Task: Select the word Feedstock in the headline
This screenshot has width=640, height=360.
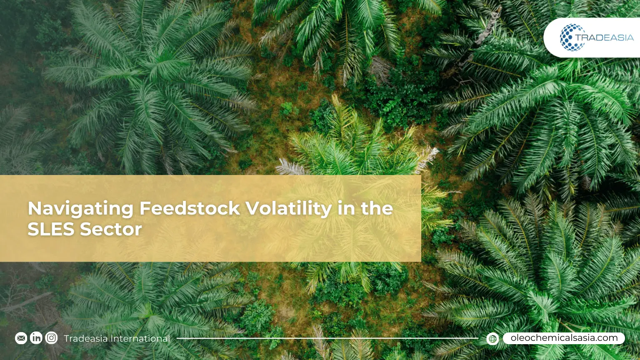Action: point(190,208)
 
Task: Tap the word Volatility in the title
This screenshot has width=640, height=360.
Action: point(288,208)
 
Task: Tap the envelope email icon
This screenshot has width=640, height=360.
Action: point(21,338)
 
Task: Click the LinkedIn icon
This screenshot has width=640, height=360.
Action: point(36,338)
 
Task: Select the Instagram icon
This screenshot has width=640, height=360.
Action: point(51,338)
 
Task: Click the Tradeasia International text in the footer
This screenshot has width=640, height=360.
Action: point(117,338)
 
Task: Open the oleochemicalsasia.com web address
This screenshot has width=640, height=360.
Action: point(564,338)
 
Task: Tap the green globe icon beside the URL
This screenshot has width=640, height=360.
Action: point(492,339)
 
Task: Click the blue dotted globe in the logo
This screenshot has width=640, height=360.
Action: point(572,37)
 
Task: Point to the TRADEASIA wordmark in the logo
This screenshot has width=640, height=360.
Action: point(604,38)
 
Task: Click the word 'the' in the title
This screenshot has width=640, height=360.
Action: point(377,208)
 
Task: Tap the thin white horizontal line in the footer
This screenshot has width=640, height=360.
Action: point(327,338)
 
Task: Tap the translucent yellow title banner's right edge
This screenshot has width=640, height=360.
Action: point(420,218)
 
